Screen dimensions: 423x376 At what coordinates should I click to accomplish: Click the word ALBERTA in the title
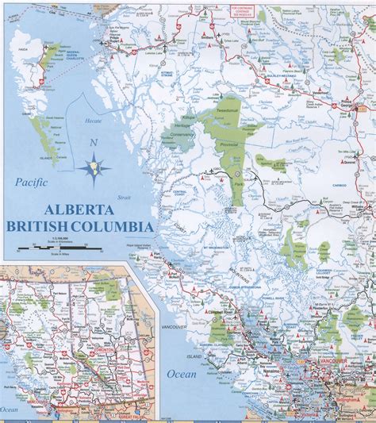click(79, 211)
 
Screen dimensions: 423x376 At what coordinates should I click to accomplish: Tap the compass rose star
click(94, 167)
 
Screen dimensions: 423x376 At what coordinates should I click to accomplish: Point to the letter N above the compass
click(94, 143)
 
